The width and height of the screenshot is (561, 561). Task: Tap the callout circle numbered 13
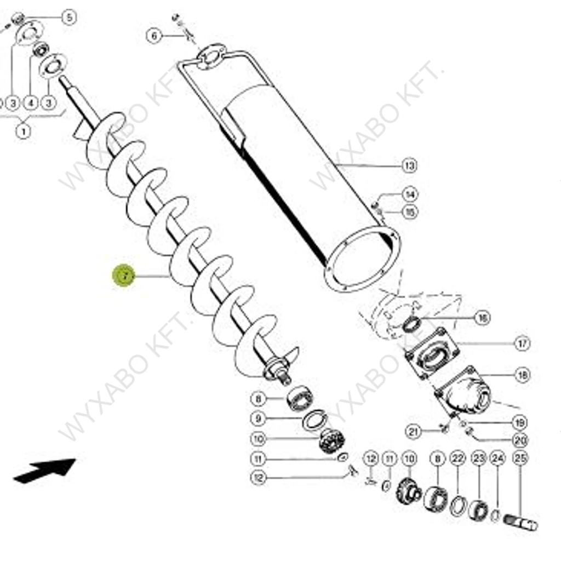tap(409, 165)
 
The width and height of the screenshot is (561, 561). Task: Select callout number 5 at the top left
tap(68, 18)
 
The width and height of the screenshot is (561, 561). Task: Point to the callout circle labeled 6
tap(154, 36)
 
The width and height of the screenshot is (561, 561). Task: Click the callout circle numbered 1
tap(23, 131)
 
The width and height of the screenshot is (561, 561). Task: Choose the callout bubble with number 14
tap(409, 194)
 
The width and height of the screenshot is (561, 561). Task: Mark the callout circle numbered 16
tap(482, 318)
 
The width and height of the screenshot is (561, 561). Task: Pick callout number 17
tap(522, 344)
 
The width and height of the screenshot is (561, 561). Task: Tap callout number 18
tap(522, 375)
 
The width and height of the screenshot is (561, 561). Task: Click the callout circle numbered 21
tap(413, 432)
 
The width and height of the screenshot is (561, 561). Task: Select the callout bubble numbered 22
tap(457, 457)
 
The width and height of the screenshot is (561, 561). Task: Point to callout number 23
tap(479, 457)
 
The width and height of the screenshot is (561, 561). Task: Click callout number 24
tap(497, 457)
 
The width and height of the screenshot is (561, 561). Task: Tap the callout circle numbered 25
tap(519, 457)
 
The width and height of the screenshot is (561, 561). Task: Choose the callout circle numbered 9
tap(258, 419)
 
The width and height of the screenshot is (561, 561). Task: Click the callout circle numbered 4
tap(31, 102)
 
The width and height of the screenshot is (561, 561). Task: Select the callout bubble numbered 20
tap(519, 440)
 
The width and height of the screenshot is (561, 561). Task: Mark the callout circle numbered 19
tap(519, 422)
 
